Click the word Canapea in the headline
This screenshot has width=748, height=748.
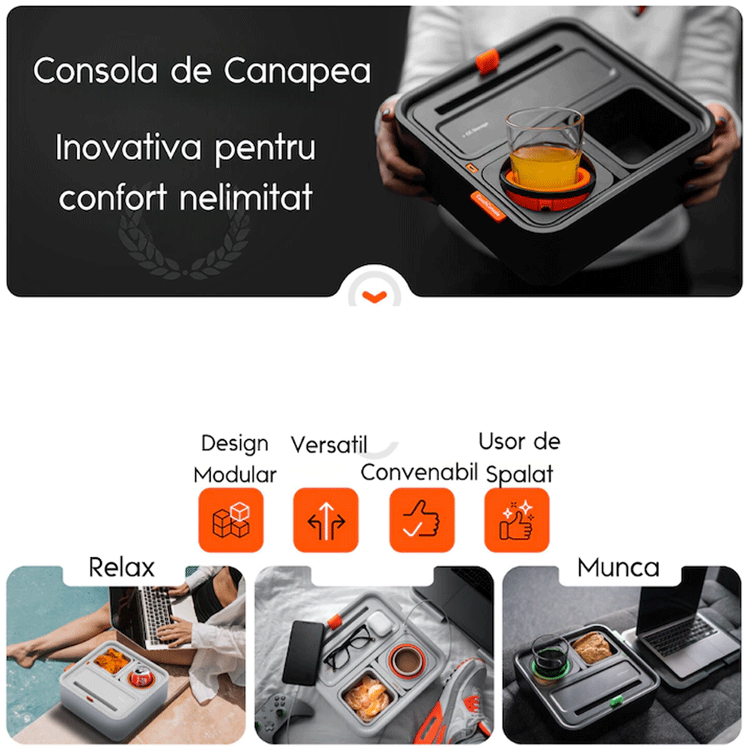pos(297,71)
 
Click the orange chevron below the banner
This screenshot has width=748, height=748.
pos(375,297)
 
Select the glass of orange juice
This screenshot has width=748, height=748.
pos(545,150)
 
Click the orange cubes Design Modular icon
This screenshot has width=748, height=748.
pos(231,520)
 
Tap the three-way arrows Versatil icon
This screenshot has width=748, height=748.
pos(326,520)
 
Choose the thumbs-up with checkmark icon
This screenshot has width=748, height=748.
pos(422,520)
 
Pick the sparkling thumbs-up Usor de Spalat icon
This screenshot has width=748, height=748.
pos(517,520)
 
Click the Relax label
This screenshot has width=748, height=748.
pos(122,568)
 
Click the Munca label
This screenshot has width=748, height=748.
pos(619,568)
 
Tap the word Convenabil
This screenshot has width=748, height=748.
pos(419,472)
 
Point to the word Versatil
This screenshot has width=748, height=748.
pos(328,444)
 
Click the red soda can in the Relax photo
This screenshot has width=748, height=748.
pos(140,677)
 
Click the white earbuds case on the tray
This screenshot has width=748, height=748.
pos(380,623)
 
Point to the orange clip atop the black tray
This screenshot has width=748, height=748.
pos(488,61)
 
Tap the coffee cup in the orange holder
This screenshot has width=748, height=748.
pos(406,662)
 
